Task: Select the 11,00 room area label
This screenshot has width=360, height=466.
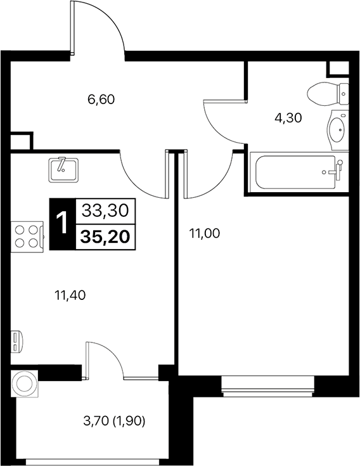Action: point(204,233)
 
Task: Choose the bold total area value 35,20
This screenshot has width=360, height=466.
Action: point(105,237)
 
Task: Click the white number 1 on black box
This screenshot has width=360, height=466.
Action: point(61,223)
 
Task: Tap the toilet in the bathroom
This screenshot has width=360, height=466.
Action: point(330,95)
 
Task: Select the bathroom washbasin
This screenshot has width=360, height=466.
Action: point(338,130)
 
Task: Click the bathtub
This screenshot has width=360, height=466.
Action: point(295,172)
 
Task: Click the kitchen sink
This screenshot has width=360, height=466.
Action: point(63,168)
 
